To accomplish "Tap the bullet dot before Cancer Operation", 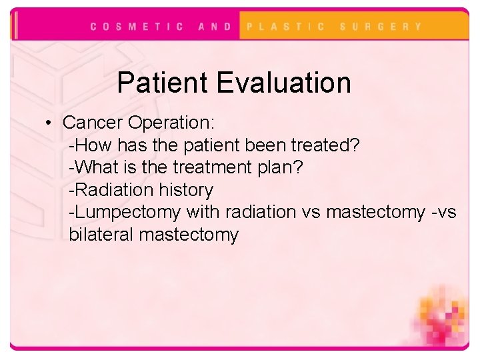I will [x=50, y=123].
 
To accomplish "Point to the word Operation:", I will [x=171, y=123].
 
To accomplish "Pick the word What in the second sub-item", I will [x=93, y=168].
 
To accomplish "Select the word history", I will [x=186, y=190].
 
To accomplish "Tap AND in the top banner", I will [x=215, y=27].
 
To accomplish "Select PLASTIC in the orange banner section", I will [x=286, y=27].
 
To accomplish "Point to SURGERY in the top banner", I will [x=381, y=27].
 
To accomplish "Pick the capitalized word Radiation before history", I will [x=114, y=190].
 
